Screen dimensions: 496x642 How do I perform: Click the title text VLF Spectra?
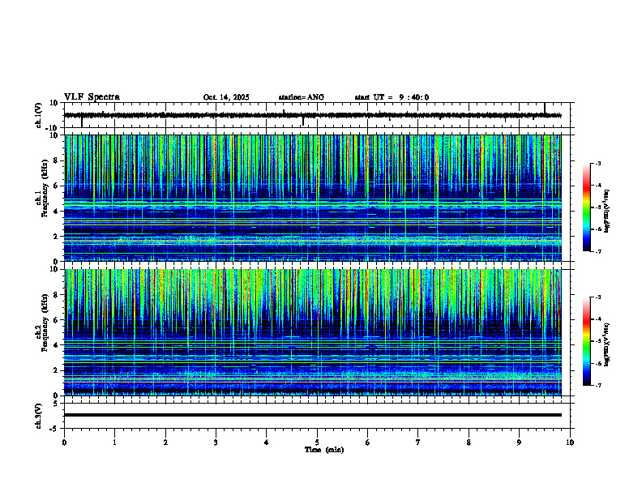click(92, 97)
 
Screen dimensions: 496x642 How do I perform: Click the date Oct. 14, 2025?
click(226, 97)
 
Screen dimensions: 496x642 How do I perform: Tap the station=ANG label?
click(301, 97)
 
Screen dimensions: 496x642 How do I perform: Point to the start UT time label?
click(392, 97)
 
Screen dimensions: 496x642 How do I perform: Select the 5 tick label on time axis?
click(317, 442)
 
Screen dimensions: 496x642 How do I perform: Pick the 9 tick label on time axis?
click(520, 442)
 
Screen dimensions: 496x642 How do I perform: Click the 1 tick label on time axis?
click(114, 442)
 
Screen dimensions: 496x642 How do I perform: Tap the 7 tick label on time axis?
click(418, 442)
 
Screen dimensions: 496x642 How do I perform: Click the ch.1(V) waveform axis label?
click(39, 115)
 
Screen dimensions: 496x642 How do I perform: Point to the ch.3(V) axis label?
click(39, 415)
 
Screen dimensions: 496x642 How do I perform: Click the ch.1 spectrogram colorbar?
click(593, 207)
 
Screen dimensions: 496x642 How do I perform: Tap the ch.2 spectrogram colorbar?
click(593, 341)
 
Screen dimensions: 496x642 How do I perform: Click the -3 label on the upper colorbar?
click(597, 164)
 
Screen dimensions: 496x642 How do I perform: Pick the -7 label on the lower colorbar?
click(597, 386)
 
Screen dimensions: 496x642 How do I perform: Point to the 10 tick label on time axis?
click(570, 442)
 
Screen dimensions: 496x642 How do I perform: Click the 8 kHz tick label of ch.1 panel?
click(58, 160)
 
